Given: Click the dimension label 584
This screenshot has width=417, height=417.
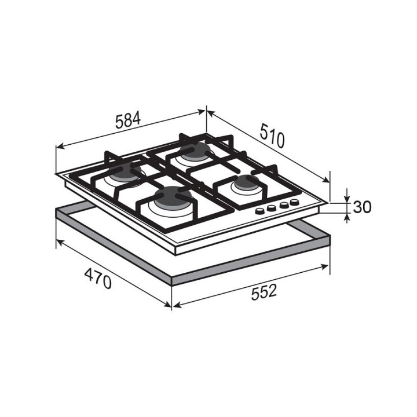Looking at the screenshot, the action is pyautogui.click(x=127, y=120).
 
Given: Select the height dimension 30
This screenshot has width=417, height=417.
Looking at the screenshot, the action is pyautogui.click(x=361, y=207).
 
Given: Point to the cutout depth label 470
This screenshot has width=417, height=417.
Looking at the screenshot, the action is pyautogui.click(x=98, y=279).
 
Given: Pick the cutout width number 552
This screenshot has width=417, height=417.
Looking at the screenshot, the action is pyautogui.click(x=264, y=292).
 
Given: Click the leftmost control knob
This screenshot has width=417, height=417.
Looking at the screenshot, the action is pyautogui.click(x=259, y=211).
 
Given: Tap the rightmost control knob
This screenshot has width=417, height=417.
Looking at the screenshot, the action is pyautogui.click(x=294, y=202).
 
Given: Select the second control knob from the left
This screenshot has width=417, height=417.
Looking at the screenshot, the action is pyautogui.click(x=271, y=209).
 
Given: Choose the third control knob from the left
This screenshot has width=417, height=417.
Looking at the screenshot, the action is pyautogui.click(x=283, y=205).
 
